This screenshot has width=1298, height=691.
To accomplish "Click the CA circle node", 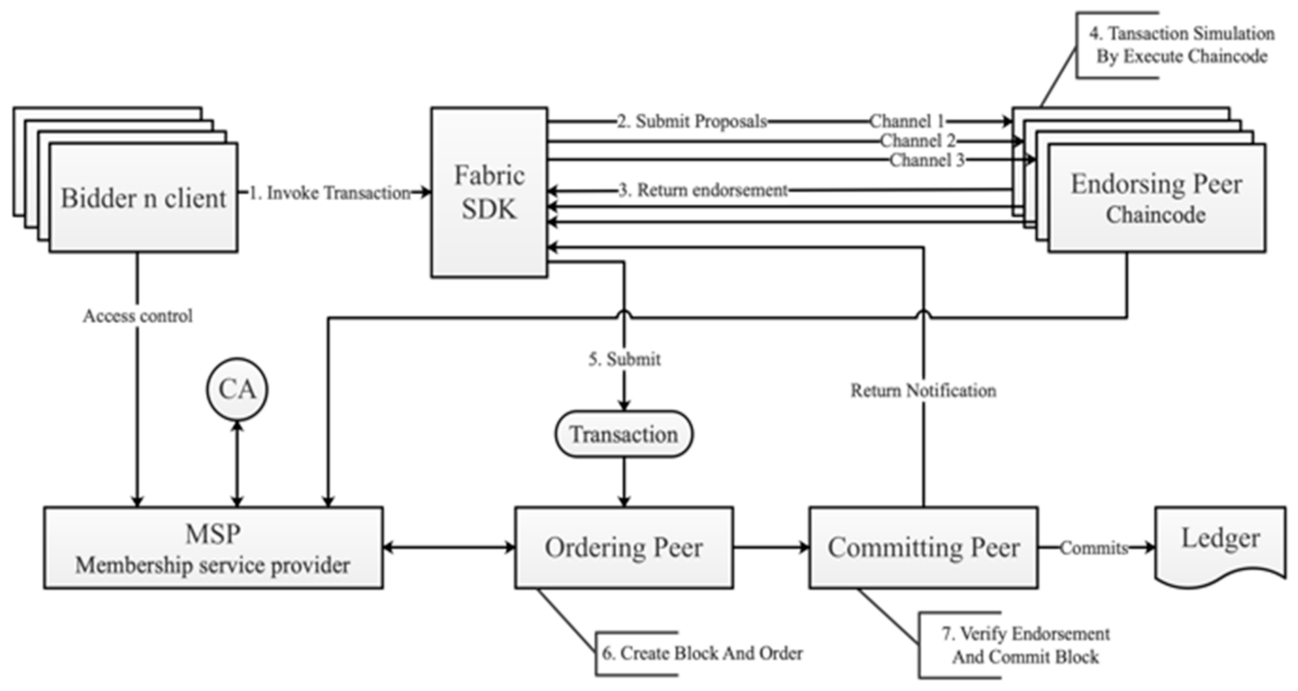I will click(x=237, y=389).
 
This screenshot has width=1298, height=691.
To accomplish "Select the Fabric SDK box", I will click(x=489, y=192).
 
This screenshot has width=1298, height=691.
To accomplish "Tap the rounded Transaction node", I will click(x=624, y=434).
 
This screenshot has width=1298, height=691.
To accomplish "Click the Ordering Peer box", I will click(x=624, y=548).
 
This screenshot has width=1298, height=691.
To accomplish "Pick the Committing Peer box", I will click(x=923, y=548).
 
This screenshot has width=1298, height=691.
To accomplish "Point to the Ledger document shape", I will click(x=1220, y=544).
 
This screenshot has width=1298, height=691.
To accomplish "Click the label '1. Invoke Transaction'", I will click(x=330, y=193).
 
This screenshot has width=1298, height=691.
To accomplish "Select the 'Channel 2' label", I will click(x=918, y=140).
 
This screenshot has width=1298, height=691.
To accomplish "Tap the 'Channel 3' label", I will click(x=926, y=160).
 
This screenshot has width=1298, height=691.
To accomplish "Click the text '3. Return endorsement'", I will click(x=703, y=190).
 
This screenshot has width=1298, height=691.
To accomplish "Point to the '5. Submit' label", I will click(x=624, y=359).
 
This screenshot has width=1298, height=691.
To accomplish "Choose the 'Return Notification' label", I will click(x=923, y=391).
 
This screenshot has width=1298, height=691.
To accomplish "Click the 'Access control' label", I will click(x=137, y=316).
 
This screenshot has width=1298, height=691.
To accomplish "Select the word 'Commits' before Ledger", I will click(x=1093, y=548).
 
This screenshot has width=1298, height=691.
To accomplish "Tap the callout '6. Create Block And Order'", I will click(x=702, y=653).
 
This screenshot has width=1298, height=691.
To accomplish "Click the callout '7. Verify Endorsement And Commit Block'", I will click(x=1025, y=645).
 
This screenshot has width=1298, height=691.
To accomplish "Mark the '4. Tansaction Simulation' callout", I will click(x=1181, y=44).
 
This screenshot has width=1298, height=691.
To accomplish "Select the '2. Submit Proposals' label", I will click(x=692, y=121).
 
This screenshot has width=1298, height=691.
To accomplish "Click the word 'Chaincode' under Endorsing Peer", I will click(x=1156, y=215).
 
